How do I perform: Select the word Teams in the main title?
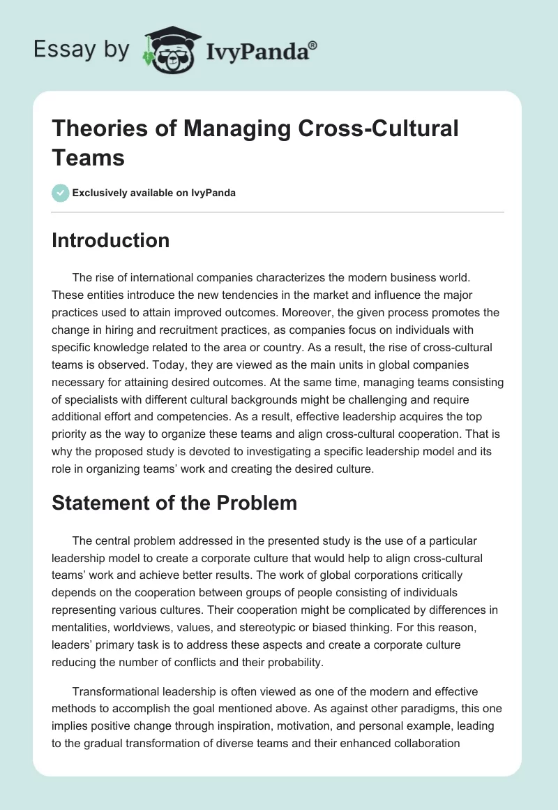[x=88, y=157]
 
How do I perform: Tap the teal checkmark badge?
[x=61, y=193]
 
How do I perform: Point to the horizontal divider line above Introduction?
[x=278, y=212]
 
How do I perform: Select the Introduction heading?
[x=110, y=240]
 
